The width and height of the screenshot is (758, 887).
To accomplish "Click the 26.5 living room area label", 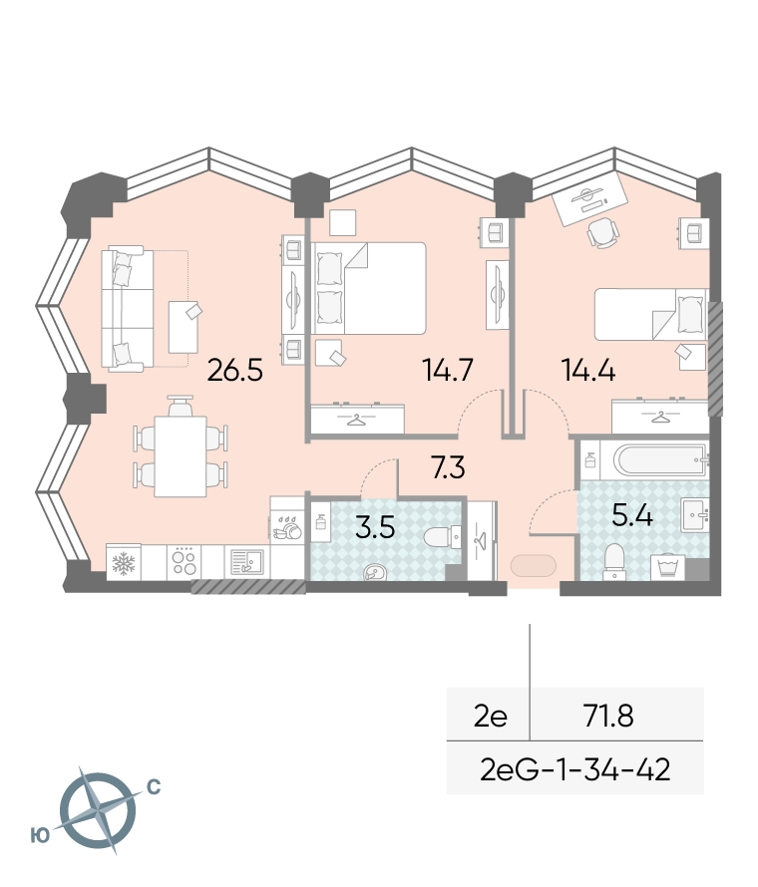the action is tap(235, 371).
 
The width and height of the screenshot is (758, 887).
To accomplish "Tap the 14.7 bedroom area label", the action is tap(448, 371).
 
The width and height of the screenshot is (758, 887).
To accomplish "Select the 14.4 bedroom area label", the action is tap(588, 371).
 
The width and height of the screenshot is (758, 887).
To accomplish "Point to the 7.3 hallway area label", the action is tap(448, 467).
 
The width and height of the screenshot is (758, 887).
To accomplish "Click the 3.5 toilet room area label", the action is tap(375, 527).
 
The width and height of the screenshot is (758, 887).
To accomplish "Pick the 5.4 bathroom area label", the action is tap(631, 515).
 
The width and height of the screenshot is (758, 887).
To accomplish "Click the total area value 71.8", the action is tap(608, 717).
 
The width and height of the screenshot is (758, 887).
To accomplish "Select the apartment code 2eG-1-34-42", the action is tap(574, 769).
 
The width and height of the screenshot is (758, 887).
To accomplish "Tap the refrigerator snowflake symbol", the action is tap(124, 562).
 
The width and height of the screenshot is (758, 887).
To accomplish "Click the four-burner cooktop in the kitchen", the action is tap(184, 562).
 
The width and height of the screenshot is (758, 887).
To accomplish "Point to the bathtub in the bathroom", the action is tap(660, 460).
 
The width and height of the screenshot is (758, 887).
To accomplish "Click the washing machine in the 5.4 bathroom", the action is tap(667, 567).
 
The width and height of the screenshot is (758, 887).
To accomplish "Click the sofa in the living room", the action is tap(128, 309).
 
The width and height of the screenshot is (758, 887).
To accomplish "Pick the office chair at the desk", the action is tap(602, 233).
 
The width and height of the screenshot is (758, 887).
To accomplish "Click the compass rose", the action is tap(98, 810).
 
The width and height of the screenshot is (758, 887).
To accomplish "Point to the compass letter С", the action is tap(154, 787).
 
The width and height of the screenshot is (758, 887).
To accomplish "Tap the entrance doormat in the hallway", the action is tap(534, 566).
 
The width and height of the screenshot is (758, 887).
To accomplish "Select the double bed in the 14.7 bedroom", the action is tap(368, 288).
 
